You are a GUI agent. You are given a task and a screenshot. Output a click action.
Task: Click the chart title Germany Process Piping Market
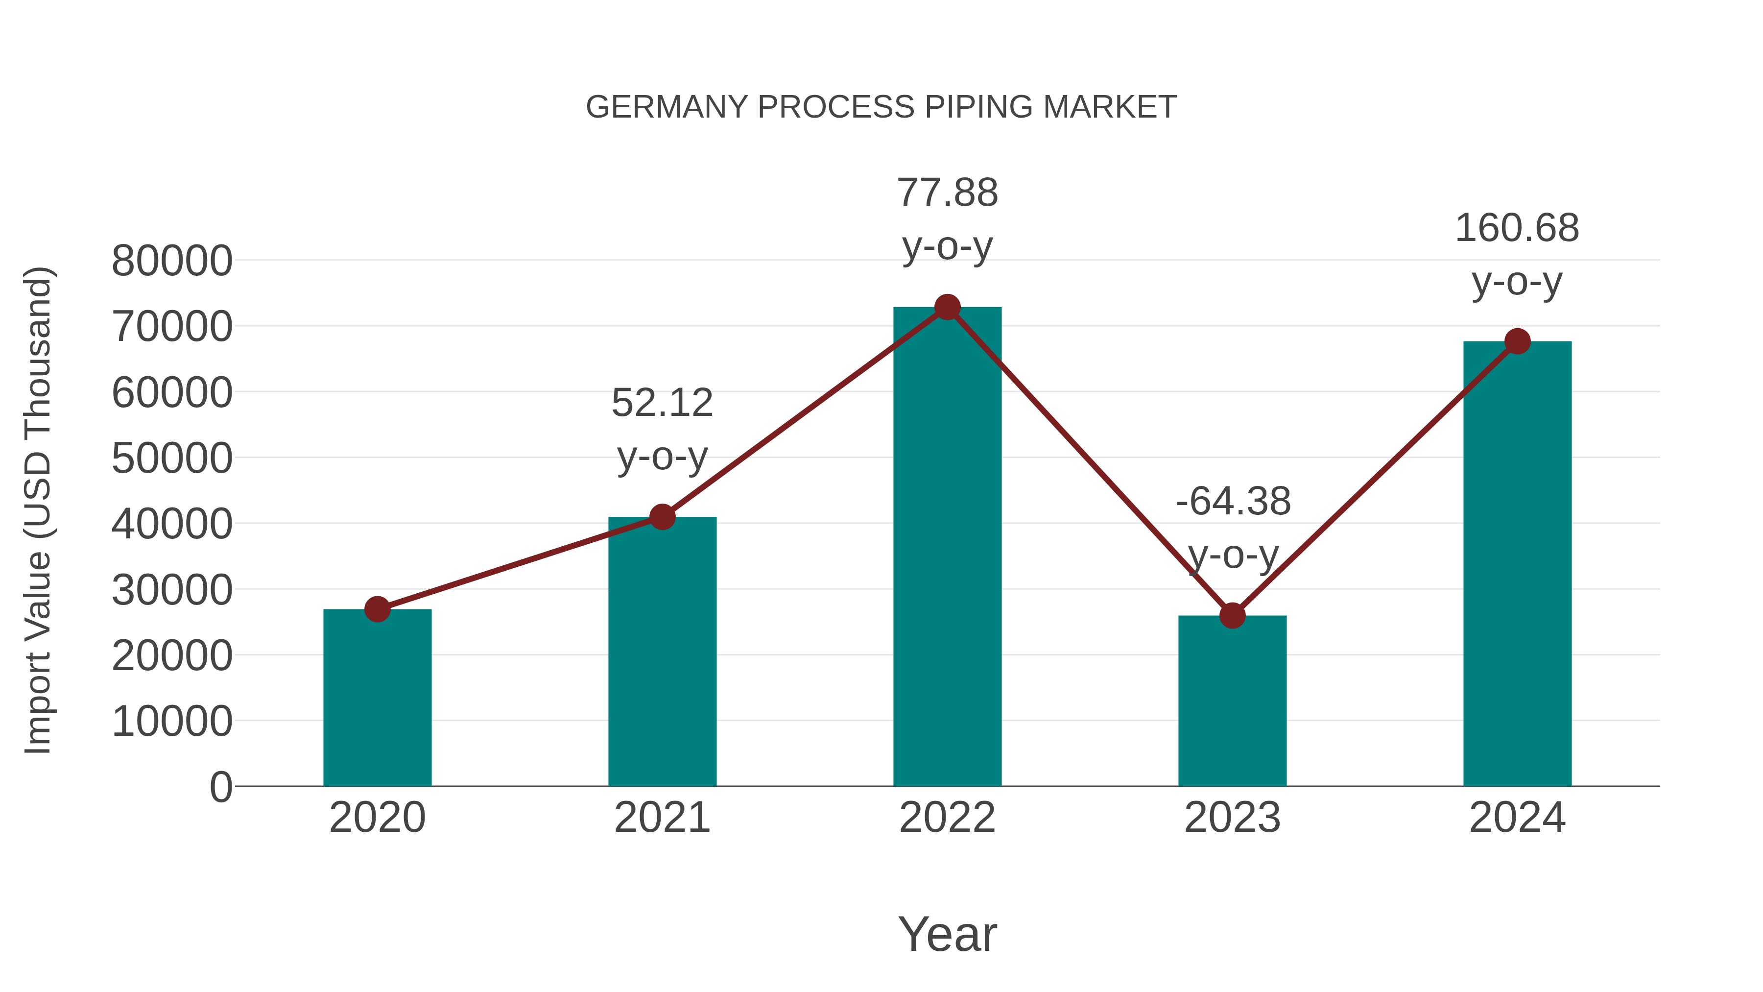(x=881, y=107)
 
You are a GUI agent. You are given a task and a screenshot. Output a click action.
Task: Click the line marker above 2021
(x=663, y=517)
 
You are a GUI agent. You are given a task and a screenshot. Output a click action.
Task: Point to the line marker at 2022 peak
(x=947, y=307)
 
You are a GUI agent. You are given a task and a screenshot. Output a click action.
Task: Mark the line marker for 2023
(x=1232, y=615)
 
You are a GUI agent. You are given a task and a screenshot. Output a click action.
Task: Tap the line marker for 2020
(x=377, y=608)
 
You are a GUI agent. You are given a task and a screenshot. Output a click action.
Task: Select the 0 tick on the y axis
(x=221, y=787)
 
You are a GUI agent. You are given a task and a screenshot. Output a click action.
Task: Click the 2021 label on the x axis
(x=663, y=818)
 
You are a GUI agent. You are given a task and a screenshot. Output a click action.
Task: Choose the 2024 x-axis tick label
(x=1517, y=818)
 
